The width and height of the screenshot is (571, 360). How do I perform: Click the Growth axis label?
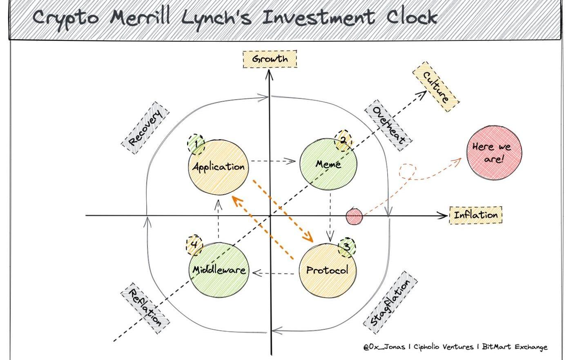pyautogui.click(x=270, y=59)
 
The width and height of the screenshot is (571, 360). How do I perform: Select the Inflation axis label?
pyautogui.click(x=475, y=215)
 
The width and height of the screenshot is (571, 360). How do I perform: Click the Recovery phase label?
pyautogui.click(x=146, y=127)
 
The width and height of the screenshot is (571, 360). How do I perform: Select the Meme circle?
pyautogui.click(x=328, y=164)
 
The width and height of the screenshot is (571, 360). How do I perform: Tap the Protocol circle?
pyautogui.click(x=327, y=270)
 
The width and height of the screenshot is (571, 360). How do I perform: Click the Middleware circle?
pyautogui.click(x=219, y=270)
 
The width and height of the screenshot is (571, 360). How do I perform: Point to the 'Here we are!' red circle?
pyautogui.click(x=494, y=152)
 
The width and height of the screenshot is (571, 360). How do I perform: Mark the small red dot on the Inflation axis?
pyautogui.click(x=354, y=216)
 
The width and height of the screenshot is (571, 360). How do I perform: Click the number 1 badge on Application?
pyautogui.click(x=196, y=144)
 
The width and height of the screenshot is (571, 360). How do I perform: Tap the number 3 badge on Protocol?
pyautogui.click(x=346, y=247)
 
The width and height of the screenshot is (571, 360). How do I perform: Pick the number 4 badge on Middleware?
pyautogui.click(x=194, y=245)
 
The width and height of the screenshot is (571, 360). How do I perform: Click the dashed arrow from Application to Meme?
pyautogui.click(x=273, y=161)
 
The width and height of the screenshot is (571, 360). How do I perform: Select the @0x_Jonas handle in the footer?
pyautogui.click(x=384, y=347)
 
